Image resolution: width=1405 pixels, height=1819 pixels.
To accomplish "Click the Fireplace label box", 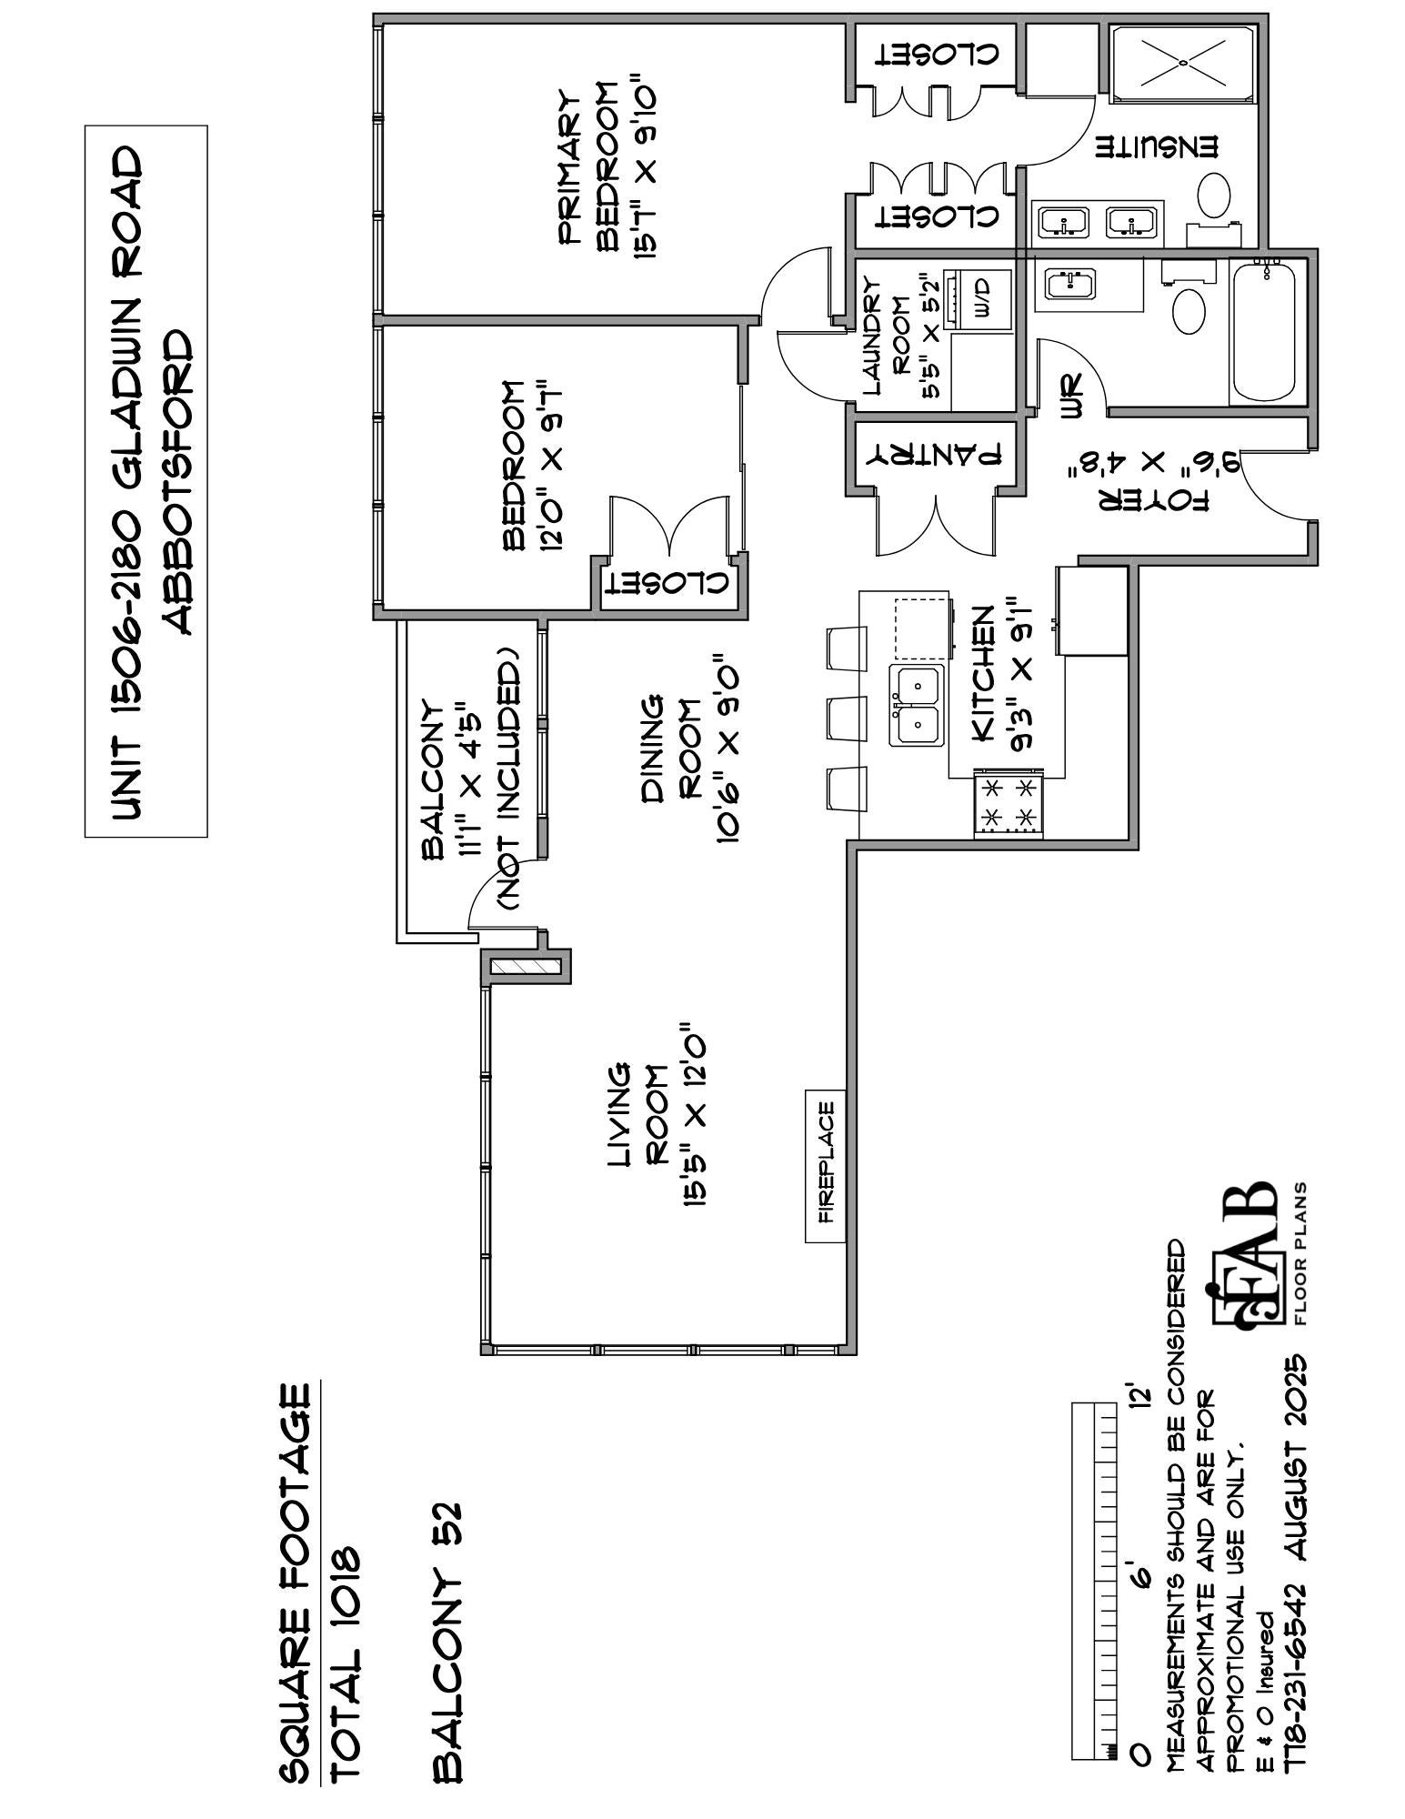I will pos(825,1164).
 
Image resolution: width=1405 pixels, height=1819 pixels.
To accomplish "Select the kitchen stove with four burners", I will pos(1007,804).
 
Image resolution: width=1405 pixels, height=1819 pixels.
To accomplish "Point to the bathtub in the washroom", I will pos(1264,332).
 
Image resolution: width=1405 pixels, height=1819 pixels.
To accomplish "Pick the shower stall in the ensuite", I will pos(1182,63).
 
